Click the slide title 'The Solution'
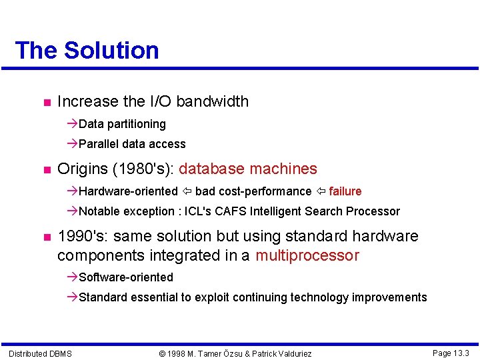pos(87,51)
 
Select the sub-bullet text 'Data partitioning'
pos(122,124)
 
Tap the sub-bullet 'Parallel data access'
pos(132,144)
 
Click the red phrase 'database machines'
pos(248,169)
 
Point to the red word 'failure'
pos(345,191)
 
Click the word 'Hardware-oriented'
pos(128,191)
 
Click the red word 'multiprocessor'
pos(307,255)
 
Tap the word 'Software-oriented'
pos(125,277)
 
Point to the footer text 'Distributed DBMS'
pos(40,353)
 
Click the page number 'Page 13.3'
pos(451,353)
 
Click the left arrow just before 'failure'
pos(320,191)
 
